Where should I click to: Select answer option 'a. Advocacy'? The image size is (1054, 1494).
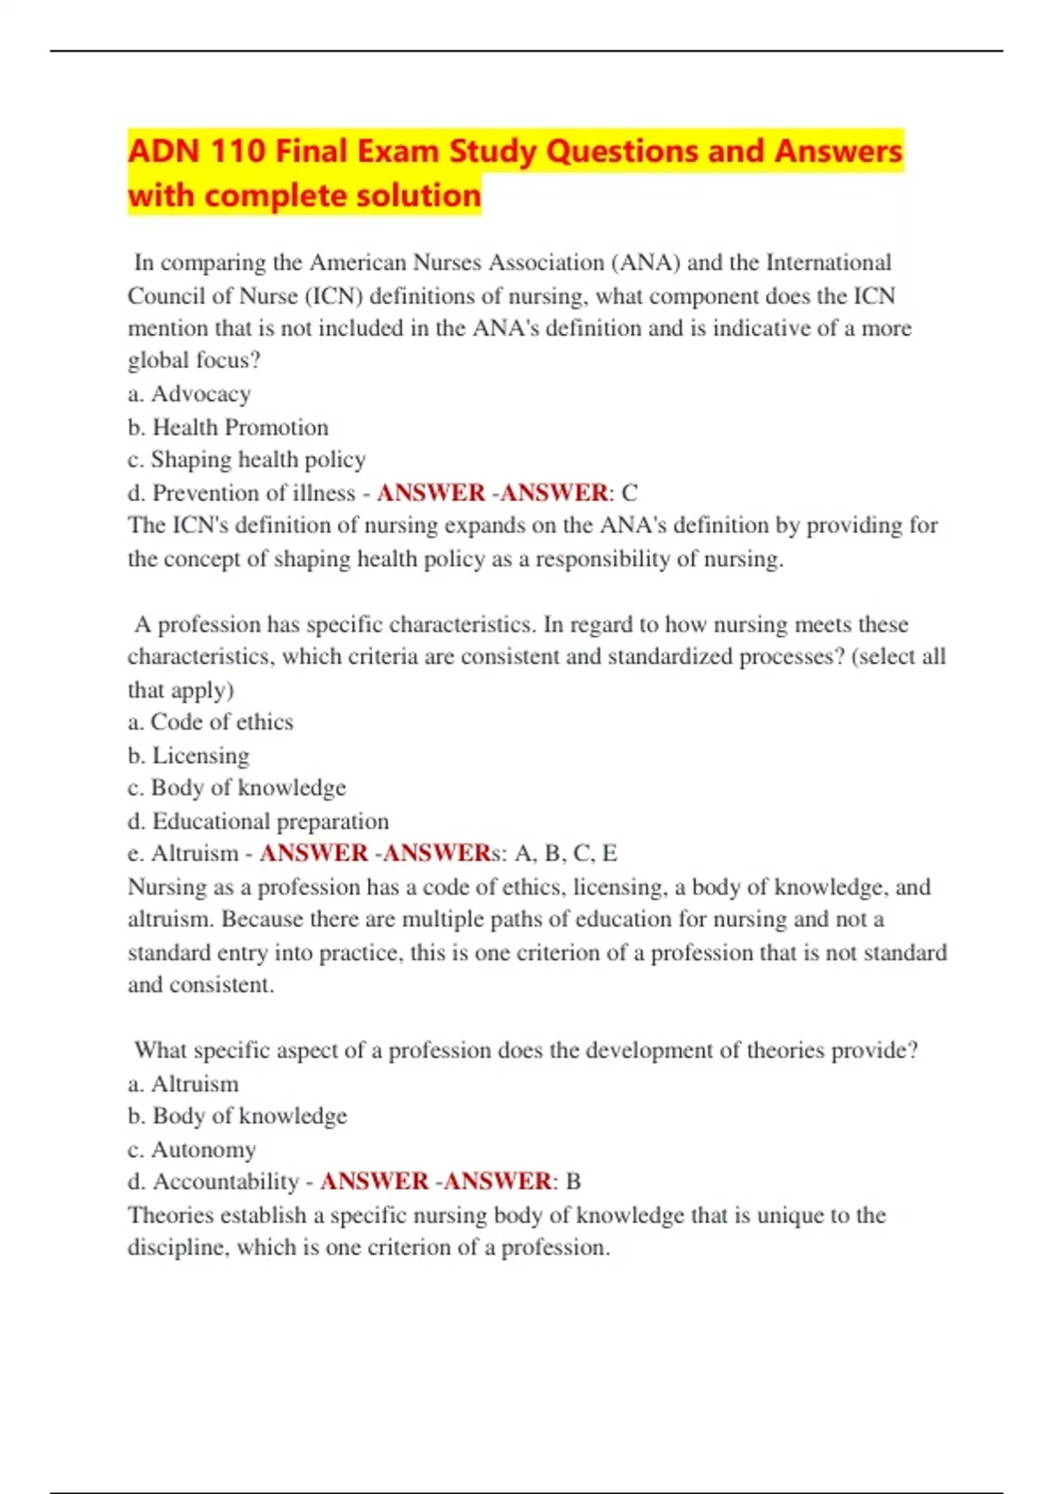[x=189, y=394]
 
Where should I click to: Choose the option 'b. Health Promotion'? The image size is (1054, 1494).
[x=227, y=427]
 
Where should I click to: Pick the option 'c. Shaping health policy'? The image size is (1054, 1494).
[x=246, y=460]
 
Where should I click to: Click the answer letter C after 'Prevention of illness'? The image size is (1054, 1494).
[x=629, y=493]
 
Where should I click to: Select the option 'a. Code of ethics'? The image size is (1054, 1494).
[x=210, y=722]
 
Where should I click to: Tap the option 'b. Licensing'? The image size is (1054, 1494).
[x=188, y=756]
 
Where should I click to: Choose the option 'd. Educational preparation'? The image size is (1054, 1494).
[x=258, y=821]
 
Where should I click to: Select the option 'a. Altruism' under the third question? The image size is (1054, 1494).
[x=183, y=1084]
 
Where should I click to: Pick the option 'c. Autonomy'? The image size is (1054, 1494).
[x=191, y=1150]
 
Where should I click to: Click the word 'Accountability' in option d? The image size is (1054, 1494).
[x=226, y=1182]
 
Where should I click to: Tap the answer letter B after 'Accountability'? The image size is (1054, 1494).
[x=574, y=1182]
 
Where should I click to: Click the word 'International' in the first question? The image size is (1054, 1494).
[x=828, y=263]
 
